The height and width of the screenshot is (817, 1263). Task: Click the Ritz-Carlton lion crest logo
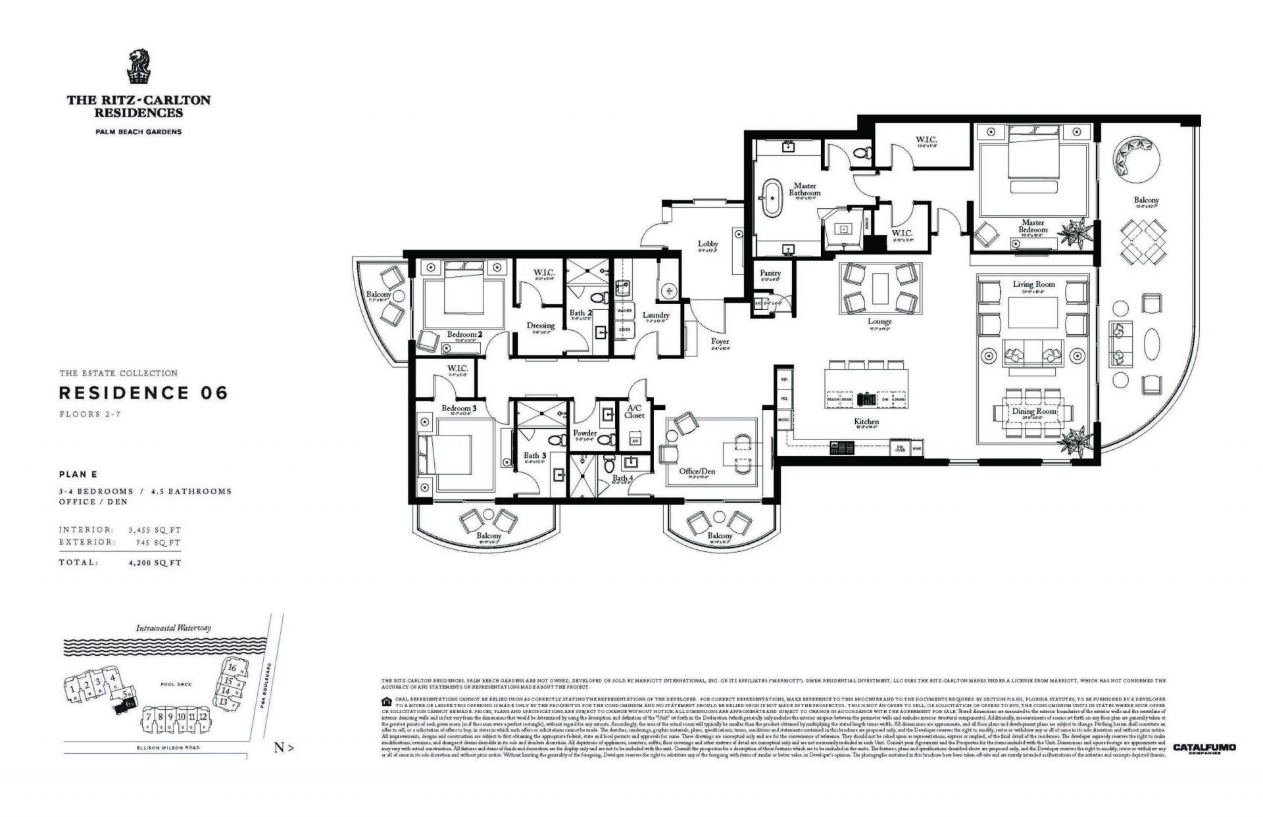click(x=139, y=67)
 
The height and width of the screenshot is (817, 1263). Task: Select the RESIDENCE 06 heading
click(x=143, y=393)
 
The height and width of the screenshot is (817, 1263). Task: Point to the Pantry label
click(x=770, y=273)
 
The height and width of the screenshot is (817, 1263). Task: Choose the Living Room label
click(x=1033, y=284)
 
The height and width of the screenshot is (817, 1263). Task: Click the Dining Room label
click(x=1033, y=411)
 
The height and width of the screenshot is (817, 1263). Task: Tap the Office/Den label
click(x=697, y=471)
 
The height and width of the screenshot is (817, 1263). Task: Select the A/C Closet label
click(x=635, y=411)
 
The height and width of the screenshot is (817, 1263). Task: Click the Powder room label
click(x=585, y=433)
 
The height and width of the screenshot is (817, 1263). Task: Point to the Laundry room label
click(x=655, y=315)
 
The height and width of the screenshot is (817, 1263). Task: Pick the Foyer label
click(x=720, y=341)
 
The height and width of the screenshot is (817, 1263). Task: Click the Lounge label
click(x=879, y=322)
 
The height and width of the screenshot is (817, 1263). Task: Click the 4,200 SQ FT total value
click(x=156, y=563)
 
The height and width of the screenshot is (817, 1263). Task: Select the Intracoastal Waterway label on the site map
click(x=174, y=628)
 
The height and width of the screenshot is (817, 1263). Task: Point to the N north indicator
click(x=283, y=748)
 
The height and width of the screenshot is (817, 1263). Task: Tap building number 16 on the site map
click(x=232, y=667)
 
